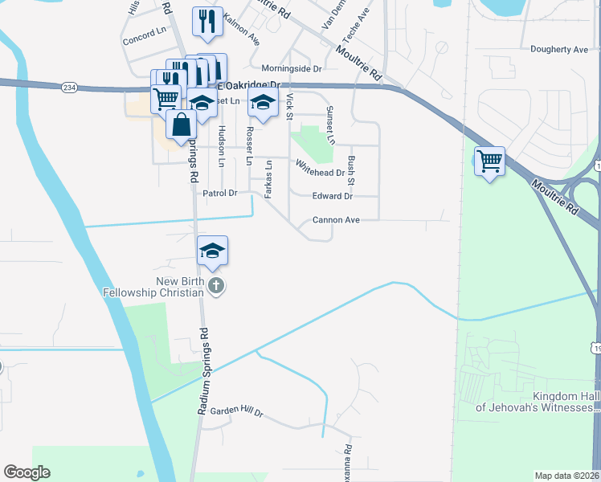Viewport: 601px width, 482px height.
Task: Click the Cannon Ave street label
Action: [335, 219]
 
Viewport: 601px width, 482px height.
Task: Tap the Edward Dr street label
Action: [333, 196]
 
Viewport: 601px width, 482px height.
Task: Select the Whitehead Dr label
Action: [320, 168]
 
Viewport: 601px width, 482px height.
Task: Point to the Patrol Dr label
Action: [220, 193]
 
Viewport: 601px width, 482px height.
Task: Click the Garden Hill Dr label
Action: [236, 412]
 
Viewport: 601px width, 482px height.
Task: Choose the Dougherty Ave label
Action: [559, 49]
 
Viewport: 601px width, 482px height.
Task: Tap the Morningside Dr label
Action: [291, 69]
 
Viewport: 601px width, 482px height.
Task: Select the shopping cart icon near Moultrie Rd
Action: [489, 161]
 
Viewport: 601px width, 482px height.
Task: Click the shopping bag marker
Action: [182, 125]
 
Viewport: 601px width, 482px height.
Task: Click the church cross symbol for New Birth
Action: [215, 285]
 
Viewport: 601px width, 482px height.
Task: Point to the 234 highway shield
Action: [69, 88]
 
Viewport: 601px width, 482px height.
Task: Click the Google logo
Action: [27, 472]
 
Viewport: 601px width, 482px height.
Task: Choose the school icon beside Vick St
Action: [262, 102]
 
